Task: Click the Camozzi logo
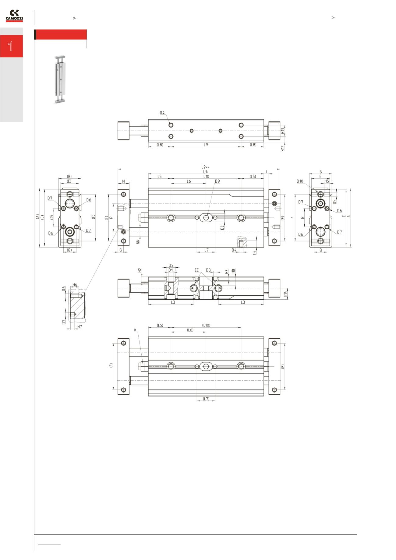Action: (x=14, y=16)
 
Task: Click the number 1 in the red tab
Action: (x=11, y=46)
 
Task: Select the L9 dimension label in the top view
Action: (x=206, y=145)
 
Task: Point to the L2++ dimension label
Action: (x=206, y=167)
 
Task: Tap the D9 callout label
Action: (x=217, y=181)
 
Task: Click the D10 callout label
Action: (x=300, y=181)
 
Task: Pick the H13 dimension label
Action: (x=283, y=131)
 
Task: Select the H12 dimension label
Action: (x=283, y=148)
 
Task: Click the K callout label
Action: (x=135, y=330)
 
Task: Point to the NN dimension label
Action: (x=138, y=241)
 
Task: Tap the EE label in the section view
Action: (x=196, y=270)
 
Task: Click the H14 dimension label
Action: (x=285, y=294)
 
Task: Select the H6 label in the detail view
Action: (x=75, y=285)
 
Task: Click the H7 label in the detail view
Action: (x=80, y=327)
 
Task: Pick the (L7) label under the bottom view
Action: (x=206, y=399)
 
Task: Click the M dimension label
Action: (x=124, y=181)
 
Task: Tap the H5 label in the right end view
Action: (x=327, y=181)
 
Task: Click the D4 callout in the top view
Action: (x=162, y=113)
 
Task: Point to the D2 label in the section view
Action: (x=171, y=266)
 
